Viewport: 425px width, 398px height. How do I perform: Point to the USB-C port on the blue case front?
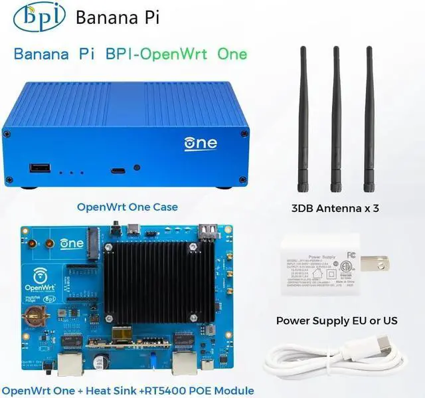(118, 171)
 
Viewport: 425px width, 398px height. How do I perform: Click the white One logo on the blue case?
(200, 143)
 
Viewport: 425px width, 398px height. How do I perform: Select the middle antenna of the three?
(336, 120)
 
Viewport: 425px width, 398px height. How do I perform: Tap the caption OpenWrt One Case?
(127, 207)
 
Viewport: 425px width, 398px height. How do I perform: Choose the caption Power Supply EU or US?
(337, 321)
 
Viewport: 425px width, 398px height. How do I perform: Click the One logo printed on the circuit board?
(71, 243)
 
